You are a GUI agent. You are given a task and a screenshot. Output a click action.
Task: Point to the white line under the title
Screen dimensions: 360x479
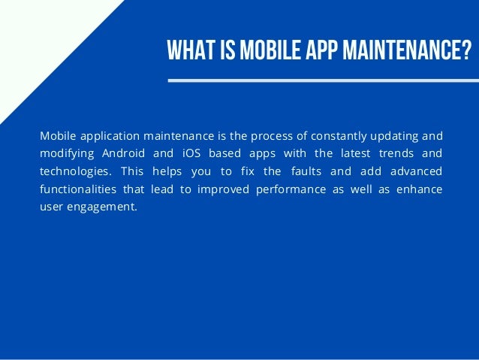pos(323,79)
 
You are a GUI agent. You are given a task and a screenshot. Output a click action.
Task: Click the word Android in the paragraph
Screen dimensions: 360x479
pos(125,153)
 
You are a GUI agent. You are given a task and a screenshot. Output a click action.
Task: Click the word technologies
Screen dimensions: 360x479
pos(74,171)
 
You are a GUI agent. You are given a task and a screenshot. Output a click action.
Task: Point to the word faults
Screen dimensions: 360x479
pos(298,171)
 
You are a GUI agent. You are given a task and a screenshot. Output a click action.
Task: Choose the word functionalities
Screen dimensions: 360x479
pos(82,189)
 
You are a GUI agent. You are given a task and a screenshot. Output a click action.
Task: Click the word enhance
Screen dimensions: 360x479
pos(420,189)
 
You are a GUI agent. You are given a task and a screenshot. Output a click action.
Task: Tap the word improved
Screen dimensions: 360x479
pos(222,189)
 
